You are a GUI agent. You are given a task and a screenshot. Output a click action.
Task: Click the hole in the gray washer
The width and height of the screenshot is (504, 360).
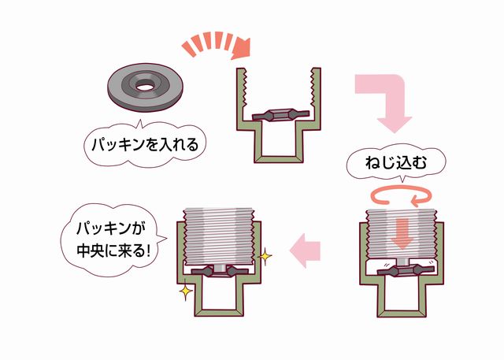(x=144, y=87)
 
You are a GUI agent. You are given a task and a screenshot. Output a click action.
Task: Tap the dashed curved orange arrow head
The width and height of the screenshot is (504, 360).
(x=242, y=49)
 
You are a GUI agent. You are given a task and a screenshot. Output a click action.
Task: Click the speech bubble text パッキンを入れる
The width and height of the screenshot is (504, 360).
(x=145, y=145)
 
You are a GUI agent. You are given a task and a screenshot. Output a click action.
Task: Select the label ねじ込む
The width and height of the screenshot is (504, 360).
(x=395, y=163)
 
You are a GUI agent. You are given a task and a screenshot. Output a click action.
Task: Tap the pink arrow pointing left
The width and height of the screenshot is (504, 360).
(x=305, y=251)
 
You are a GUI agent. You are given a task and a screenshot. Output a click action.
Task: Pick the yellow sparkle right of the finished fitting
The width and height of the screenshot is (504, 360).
(x=265, y=256)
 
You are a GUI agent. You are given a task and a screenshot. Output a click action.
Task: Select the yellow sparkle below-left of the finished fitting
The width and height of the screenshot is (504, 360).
(x=186, y=291)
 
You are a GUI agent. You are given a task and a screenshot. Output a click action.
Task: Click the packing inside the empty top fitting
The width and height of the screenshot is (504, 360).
(x=280, y=114)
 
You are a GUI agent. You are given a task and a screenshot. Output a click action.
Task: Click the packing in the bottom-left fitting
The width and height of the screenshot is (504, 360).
(x=220, y=271)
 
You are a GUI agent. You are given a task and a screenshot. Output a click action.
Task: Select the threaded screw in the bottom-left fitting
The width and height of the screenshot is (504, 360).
(x=220, y=236)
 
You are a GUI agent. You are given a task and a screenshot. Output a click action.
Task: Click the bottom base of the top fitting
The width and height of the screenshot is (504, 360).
(x=279, y=159)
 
